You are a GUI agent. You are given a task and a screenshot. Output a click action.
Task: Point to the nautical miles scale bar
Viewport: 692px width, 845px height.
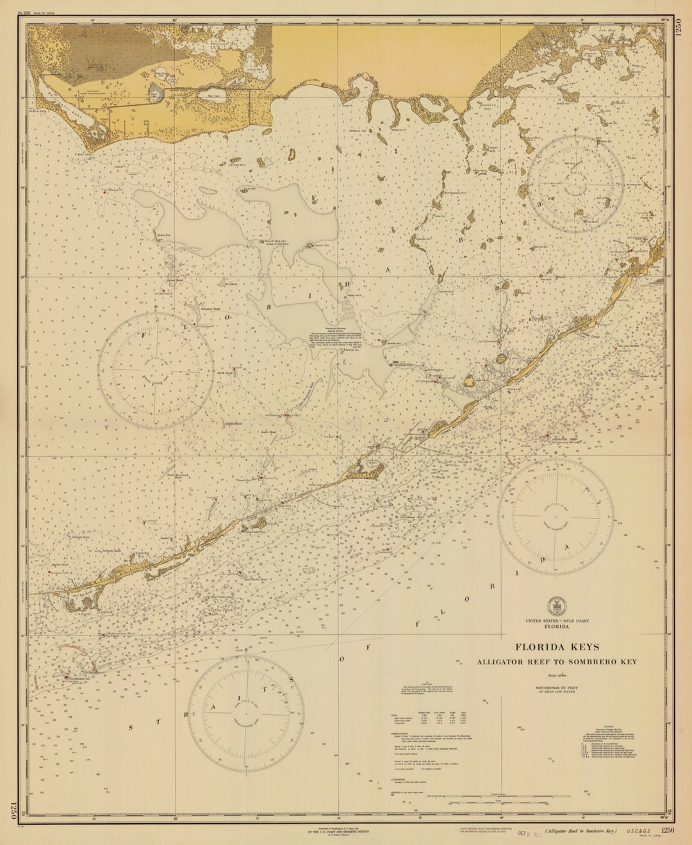(487, 798)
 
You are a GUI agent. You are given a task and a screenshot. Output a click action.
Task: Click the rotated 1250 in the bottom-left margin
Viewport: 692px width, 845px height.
(13, 810)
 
